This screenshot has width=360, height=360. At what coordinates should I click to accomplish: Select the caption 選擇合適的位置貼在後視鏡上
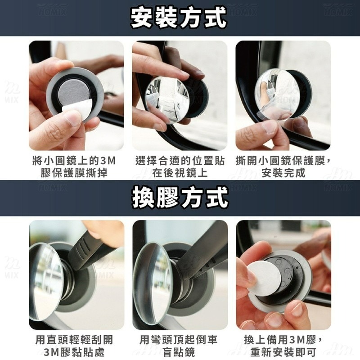pos(180,167)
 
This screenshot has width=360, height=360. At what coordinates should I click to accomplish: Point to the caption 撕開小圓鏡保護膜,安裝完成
pos(283,167)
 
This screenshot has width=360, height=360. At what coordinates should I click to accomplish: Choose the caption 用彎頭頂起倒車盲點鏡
pos(180,346)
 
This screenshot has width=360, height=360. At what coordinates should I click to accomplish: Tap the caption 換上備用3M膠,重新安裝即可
pos(283,346)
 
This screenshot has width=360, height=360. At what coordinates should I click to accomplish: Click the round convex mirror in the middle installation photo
pos(168,99)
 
